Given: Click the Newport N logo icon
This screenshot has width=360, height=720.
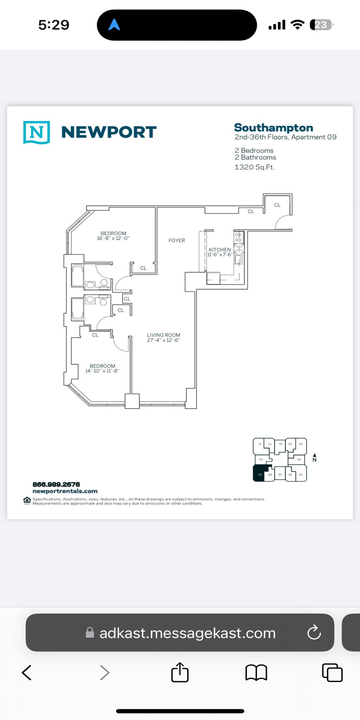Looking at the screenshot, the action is (37, 132).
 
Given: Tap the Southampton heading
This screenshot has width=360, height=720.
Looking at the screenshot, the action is (274, 128).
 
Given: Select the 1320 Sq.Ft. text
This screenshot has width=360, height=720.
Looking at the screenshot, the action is (255, 167).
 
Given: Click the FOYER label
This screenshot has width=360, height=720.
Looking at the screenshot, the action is (177, 240).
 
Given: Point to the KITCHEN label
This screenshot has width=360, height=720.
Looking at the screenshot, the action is (220, 250).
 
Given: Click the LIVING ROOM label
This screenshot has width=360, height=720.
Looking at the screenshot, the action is (163, 335).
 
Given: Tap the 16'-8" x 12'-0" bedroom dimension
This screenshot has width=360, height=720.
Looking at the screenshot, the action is (113, 238).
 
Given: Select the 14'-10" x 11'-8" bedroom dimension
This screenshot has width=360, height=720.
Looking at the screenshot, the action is (102, 371).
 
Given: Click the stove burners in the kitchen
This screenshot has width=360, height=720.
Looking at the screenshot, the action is (238, 237).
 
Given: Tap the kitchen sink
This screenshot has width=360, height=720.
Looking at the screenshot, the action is (239, 259).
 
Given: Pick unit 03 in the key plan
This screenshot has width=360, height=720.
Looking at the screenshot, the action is (301, 444).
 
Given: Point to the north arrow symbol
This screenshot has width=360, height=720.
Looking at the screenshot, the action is (315, 457).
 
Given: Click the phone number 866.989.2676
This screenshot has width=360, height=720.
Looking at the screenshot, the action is (56, 484).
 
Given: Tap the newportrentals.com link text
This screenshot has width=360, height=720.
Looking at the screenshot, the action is (65, 491).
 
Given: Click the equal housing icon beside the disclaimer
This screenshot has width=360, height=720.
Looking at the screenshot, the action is (27, 501).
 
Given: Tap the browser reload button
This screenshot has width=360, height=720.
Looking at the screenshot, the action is (314, 632).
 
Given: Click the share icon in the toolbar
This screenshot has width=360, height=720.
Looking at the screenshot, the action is (180, 672).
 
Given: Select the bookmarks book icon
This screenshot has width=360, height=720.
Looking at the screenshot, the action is (256, 673).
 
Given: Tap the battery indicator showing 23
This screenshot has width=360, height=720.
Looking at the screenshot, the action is (321, 25).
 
